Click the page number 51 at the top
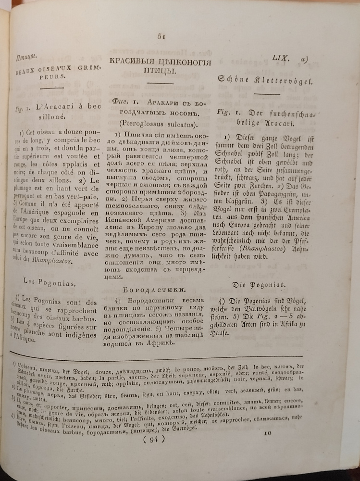161,37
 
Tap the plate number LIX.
280,58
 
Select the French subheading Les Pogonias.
50,283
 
